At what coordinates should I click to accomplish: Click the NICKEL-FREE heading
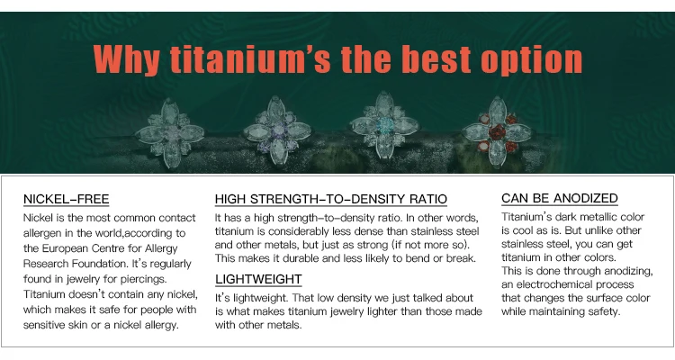[67, 199]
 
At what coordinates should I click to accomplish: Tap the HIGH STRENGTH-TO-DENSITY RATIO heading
[331, 199]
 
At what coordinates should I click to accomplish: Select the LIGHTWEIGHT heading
[258, 279]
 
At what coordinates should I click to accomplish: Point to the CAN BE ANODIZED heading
[560, 198]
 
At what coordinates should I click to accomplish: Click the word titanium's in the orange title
[250, 59]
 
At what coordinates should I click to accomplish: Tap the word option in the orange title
[531, 60]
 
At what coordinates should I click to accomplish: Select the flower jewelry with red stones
[497, 130]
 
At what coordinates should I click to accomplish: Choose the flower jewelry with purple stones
[278, 130]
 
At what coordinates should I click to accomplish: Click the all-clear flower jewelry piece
[169, 132]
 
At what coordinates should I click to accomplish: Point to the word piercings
[143, 280]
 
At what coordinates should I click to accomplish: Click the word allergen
[42, 233]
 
